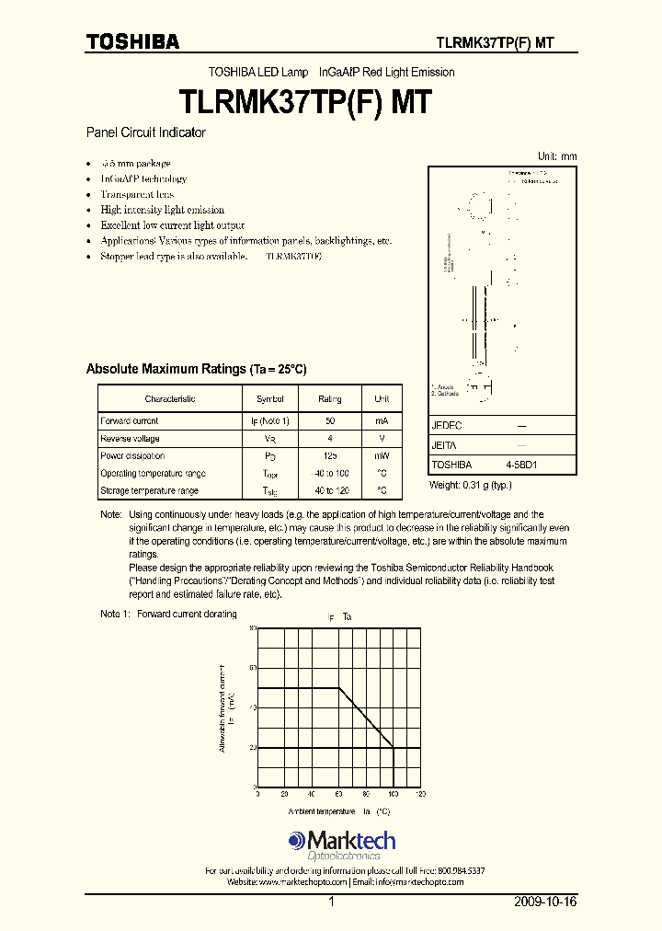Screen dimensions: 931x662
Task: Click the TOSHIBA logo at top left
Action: (132, 41)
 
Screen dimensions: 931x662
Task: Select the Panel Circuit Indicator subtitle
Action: (145, 132)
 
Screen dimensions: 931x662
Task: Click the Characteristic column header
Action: (170, 399)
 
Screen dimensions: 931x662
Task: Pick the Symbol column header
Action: (269, 399)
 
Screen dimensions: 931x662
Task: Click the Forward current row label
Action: (130, 420)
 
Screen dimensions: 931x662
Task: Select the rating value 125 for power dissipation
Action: (329, 456)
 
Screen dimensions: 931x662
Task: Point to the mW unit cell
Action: (382, 456)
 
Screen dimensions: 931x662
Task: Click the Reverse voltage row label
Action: (131, 439)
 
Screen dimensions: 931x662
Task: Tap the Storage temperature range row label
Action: (149, 491)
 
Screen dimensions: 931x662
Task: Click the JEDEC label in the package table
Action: (447, 427)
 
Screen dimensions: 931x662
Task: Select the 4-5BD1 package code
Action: (521, 465)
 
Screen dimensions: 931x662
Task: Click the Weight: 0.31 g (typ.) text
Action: (471, 485)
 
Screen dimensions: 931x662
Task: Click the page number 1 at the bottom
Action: (330, 902)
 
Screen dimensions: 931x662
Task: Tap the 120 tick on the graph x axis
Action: (421, 794)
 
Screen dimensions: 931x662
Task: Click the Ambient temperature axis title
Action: (321, 812)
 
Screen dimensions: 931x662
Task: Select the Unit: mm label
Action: (557, 156)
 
